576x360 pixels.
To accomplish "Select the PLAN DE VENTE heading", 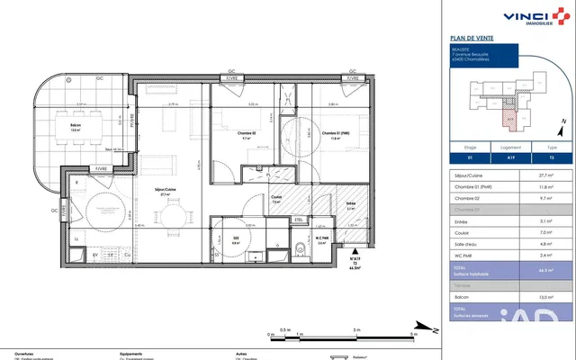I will [x=470, y=37].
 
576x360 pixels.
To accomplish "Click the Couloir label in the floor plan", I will [x=277, y=201].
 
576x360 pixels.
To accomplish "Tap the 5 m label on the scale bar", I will [x=413, y=330].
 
